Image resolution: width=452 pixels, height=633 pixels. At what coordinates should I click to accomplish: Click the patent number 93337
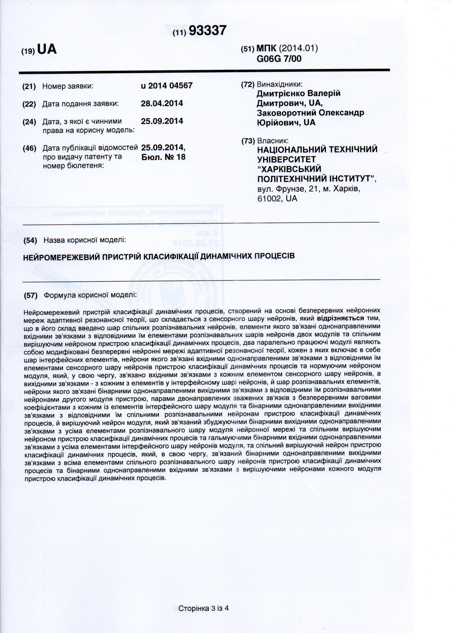tap(208, 31)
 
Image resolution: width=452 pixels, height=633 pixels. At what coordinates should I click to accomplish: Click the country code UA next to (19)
tap(46, 49)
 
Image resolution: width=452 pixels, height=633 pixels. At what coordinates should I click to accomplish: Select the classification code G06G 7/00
tap(279, 59)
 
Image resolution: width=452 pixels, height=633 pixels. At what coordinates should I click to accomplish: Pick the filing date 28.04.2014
tap(162, 104)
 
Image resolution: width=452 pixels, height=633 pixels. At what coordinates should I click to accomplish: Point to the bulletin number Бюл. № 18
tap(163, 157)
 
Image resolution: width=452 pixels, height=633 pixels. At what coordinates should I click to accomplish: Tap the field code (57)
tap(31, 295)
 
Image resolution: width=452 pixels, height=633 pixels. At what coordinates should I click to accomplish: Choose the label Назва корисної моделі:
tap(85, 240)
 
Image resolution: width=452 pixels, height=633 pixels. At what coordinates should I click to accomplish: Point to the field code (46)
tap(29, 148)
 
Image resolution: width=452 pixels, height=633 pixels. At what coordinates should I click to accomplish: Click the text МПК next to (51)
tap(266, 49)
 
